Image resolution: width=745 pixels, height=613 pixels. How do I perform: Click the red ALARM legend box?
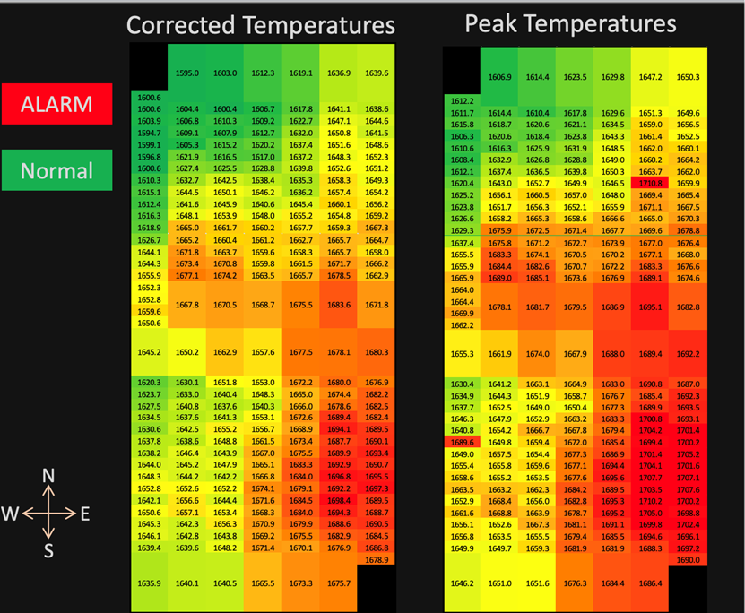(x=56, y=103)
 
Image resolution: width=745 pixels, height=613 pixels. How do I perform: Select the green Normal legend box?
(x=56, y=170)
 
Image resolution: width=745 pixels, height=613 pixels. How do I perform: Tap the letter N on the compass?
(x=49, y=475)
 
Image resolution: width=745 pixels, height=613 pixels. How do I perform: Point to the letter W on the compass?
(x=12, y=513)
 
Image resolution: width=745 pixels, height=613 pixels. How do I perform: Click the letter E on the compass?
(x=85, y=513)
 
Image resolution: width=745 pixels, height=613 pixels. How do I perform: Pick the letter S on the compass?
(x=49, y=551)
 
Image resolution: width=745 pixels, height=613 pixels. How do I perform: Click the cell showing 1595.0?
(x=187, y=73)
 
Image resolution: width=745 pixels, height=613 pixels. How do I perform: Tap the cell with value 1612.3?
(x=263, y=73)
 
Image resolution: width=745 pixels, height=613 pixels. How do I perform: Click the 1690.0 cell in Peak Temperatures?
(x=689, y=559)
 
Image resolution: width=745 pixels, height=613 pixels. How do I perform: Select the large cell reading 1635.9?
(x=149, y=583)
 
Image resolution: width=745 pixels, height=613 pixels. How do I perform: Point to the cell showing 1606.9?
(x=499, y=77)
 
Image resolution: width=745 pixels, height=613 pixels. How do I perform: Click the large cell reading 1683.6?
(x=339, y=305)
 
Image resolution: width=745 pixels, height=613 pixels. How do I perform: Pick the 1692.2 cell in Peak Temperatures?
(x=689, y=354)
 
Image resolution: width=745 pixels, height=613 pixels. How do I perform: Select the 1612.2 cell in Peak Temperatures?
(x=462, y=101)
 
